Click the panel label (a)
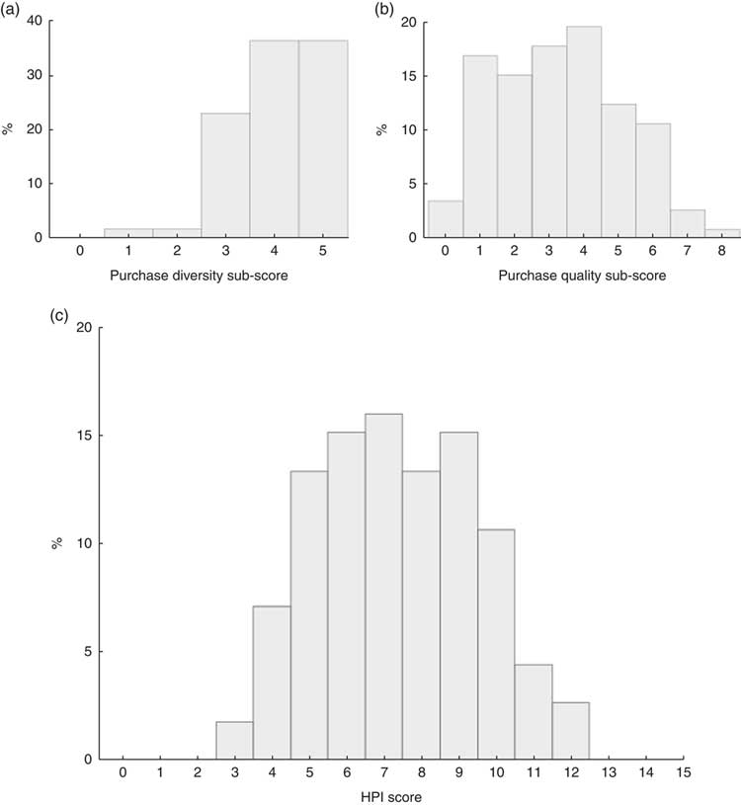pyautogui.click(x=18, y=11)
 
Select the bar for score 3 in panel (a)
pyautogui.click(x=225, y=175)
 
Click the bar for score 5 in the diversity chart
pyautogui.click(x=322, y=138)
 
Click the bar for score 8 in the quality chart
pyautogui.click(x=723, y=233)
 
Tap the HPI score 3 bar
pyautogui.click(x=234, y=741)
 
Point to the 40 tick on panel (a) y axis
pyautogui.click(x=37, y=21)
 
